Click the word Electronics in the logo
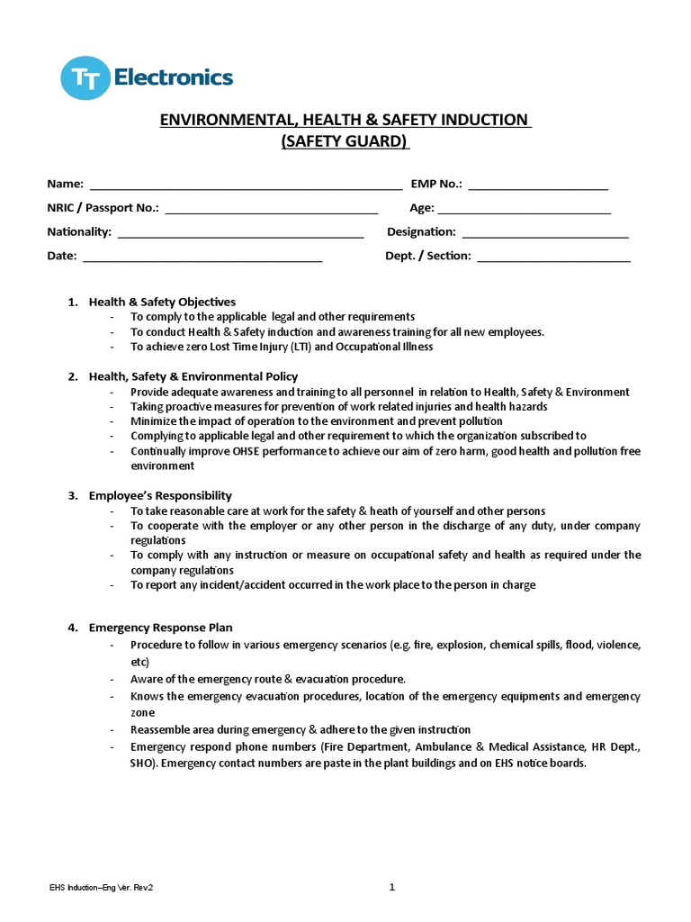tap(174, 77)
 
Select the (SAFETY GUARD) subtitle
tap(345, 141)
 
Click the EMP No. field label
tap(436, 184)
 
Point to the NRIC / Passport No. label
tap(103, 208)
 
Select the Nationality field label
tap(79, 231)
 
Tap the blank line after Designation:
tap(544, 233)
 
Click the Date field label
tap(62, 256)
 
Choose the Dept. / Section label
tap(427, 256)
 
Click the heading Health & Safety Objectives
tap(162, 302)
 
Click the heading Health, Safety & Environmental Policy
tap(193, 376)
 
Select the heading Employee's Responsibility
tap(160, 495)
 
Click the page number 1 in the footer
tap(392, 888)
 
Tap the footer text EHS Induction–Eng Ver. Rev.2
tap(101, 889)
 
